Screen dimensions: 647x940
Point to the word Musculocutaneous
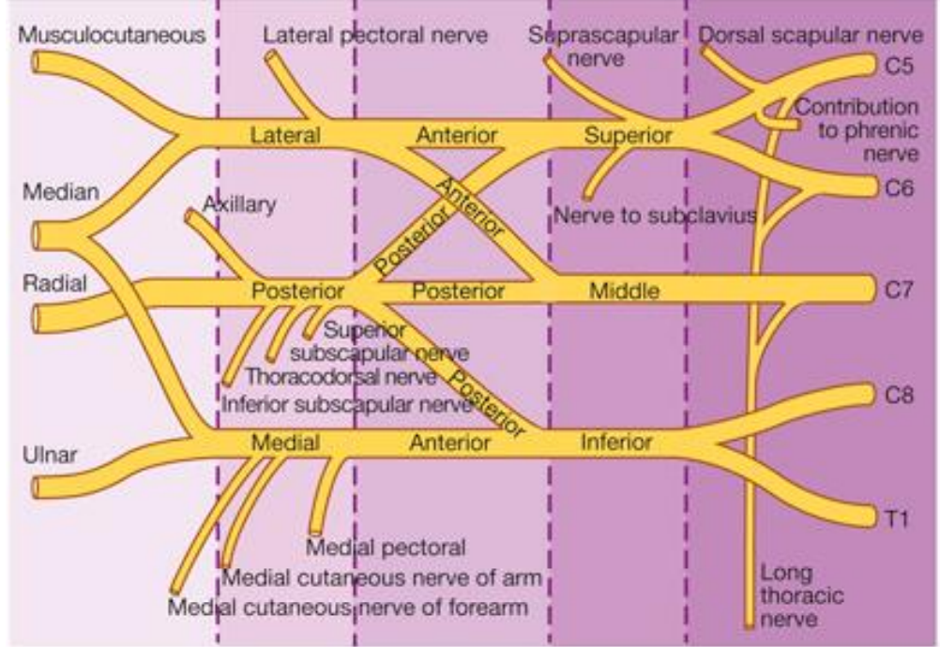point(112,36)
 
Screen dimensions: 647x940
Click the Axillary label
point(239,204)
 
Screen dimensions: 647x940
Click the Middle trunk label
point(624,291)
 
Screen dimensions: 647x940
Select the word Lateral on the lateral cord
point(285,135)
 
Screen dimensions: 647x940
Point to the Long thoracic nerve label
point(788,595)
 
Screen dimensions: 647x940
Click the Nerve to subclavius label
point(654,217)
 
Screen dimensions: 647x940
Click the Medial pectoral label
point(386,547)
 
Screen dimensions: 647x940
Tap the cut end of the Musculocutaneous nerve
point(35,62)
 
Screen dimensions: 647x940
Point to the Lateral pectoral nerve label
point(375,36)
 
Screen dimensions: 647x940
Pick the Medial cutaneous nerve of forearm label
point(347,607)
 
